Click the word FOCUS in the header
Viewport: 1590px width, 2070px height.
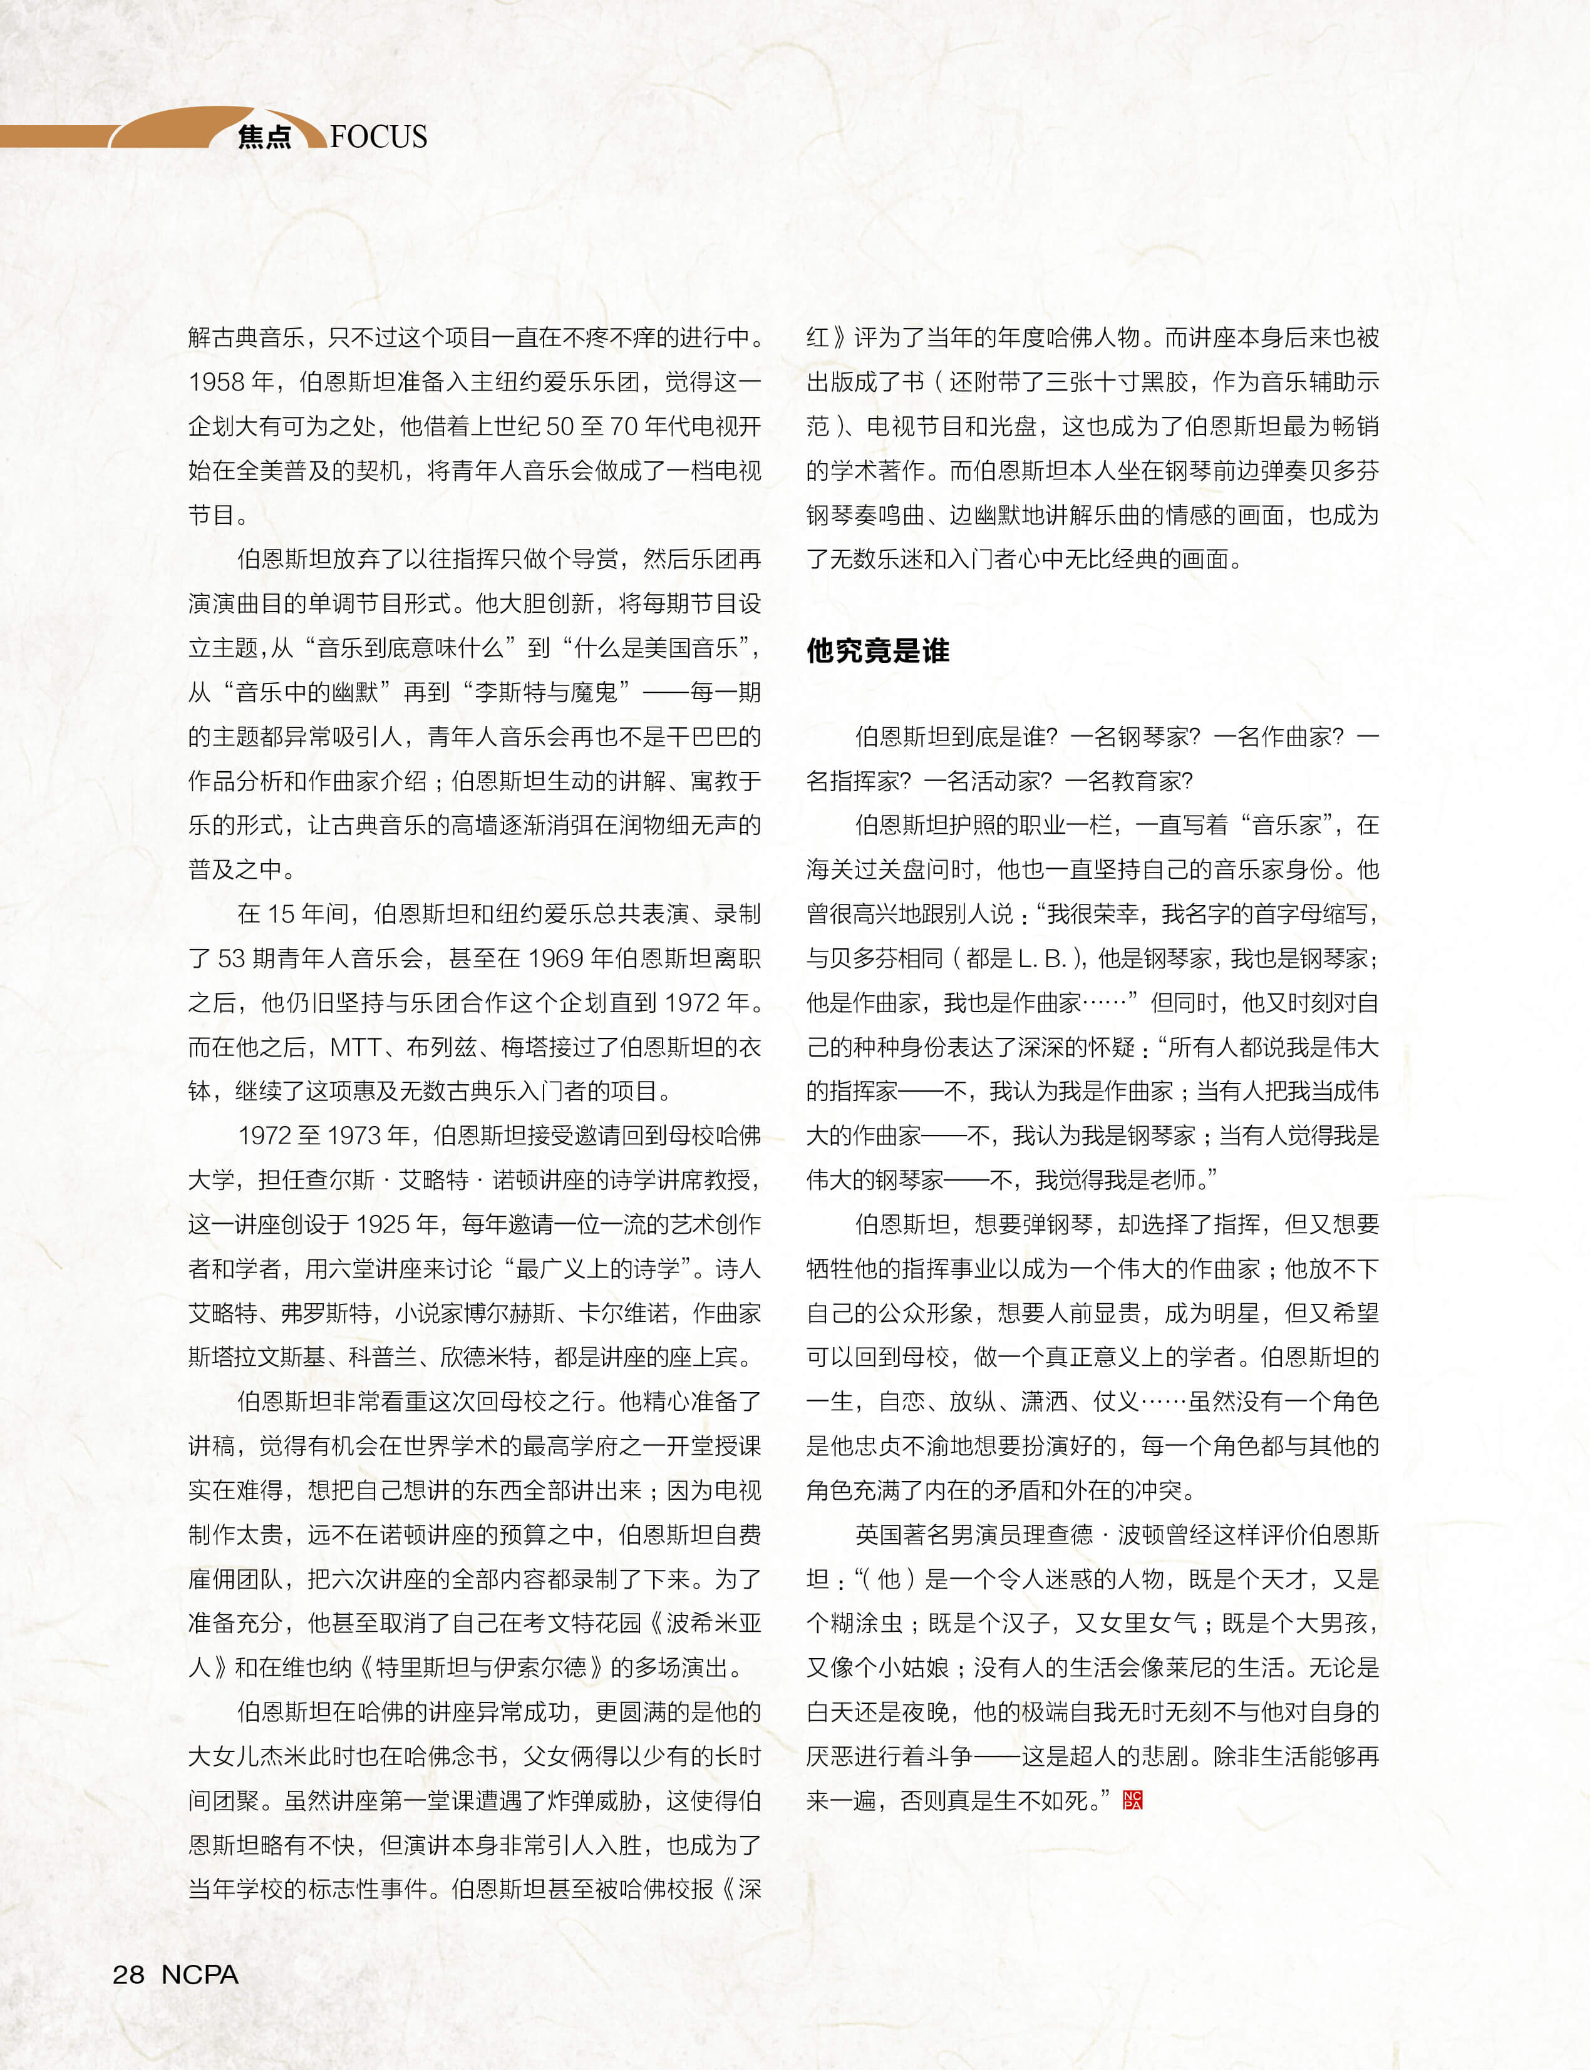[379, 137]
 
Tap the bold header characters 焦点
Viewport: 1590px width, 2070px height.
[264, 137]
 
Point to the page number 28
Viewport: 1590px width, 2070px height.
[129, 1974]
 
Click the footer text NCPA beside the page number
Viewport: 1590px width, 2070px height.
[200, 1974]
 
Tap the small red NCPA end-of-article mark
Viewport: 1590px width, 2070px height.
[1132, 1800]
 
